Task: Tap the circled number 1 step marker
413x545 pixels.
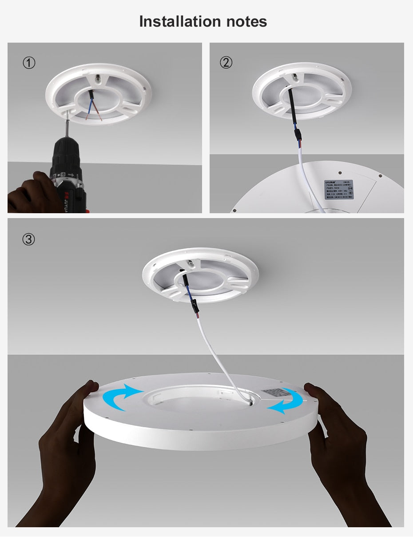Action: point(29,63)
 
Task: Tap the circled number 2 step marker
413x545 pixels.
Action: point(226,63)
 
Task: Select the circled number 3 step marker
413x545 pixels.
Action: point(29,239)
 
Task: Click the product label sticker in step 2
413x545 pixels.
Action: point(338,189)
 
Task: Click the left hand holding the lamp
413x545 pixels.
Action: point(67,449)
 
